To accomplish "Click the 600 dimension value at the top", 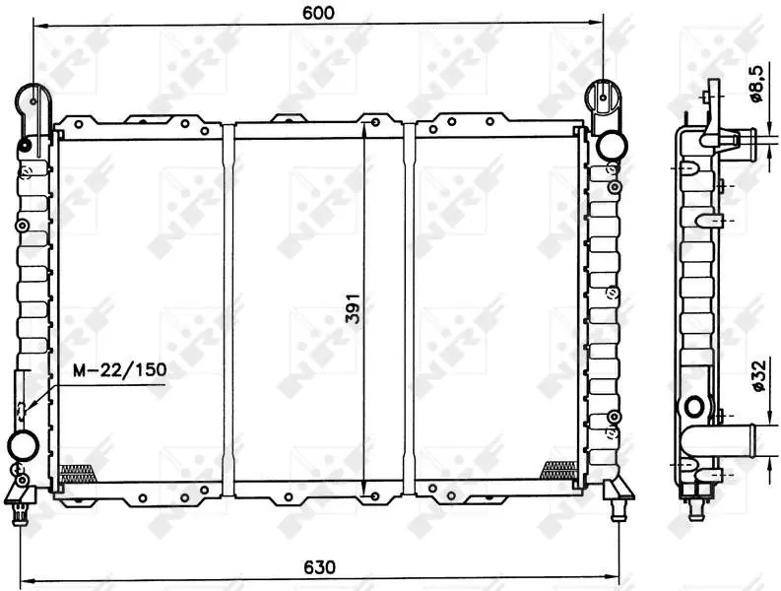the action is (318, 13).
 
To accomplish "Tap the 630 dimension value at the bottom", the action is (319, 567).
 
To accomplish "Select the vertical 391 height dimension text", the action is (353, 307).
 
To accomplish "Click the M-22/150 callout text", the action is (119, 369).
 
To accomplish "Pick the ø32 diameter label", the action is (757, 375).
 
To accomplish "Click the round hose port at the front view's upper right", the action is (612, 145).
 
